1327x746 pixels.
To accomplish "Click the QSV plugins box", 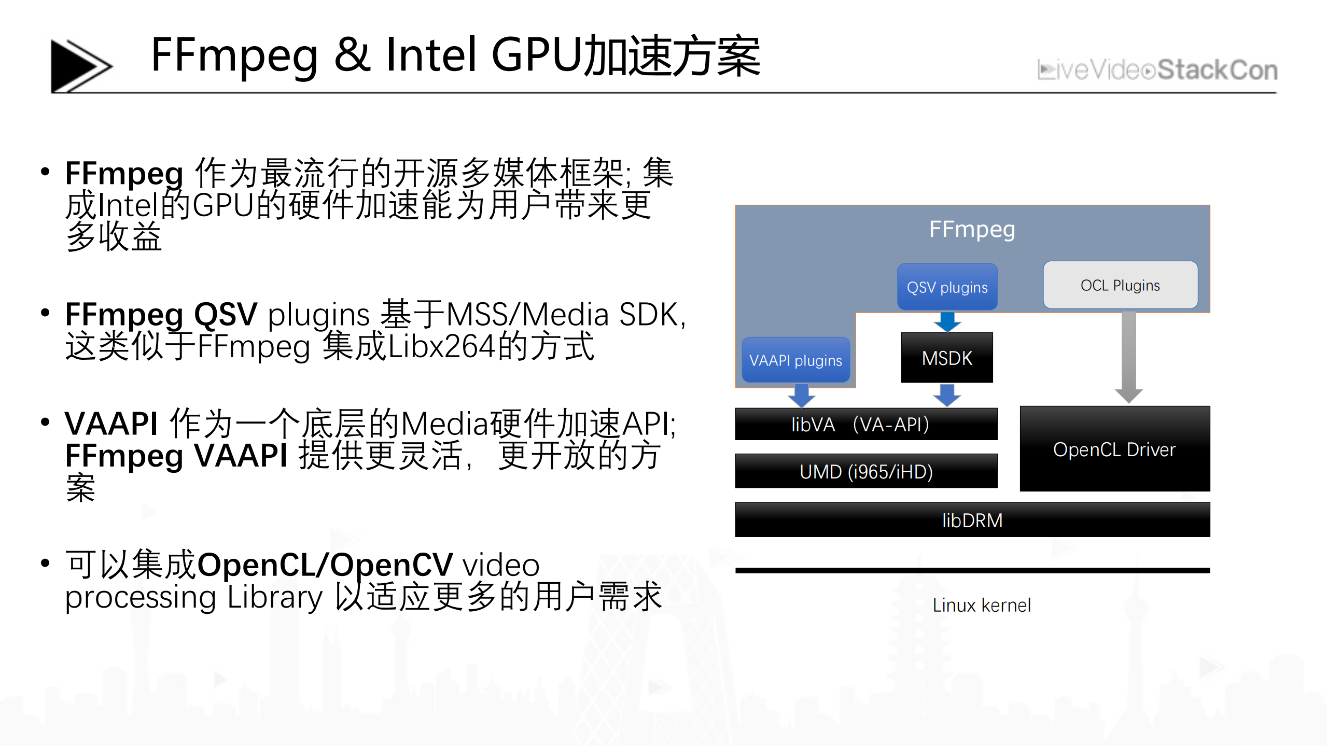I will (947, 287).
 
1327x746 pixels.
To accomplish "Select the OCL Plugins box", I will (1120, 285).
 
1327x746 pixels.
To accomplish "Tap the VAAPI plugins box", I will (795, 360).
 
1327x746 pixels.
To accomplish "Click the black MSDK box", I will (947, 358).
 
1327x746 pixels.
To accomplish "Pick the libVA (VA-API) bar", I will (866, 424).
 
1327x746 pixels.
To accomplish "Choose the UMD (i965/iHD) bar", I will (866, 471).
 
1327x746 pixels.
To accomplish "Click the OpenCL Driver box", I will (1114, 449).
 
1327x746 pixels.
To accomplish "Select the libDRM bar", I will (972, 520).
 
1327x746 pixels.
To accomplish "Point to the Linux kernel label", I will (982, 605).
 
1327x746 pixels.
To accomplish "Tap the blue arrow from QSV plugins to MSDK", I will (947, 321).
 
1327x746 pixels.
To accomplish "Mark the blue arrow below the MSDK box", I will (947, 395).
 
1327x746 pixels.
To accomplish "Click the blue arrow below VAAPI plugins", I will (802, 395).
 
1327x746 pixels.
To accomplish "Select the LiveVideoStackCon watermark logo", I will (1157, 70).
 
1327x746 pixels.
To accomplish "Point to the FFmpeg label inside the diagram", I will (972, 229).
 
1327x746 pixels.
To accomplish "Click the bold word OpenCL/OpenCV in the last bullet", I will (325, 565).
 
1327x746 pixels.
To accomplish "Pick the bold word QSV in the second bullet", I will (226, 314).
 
